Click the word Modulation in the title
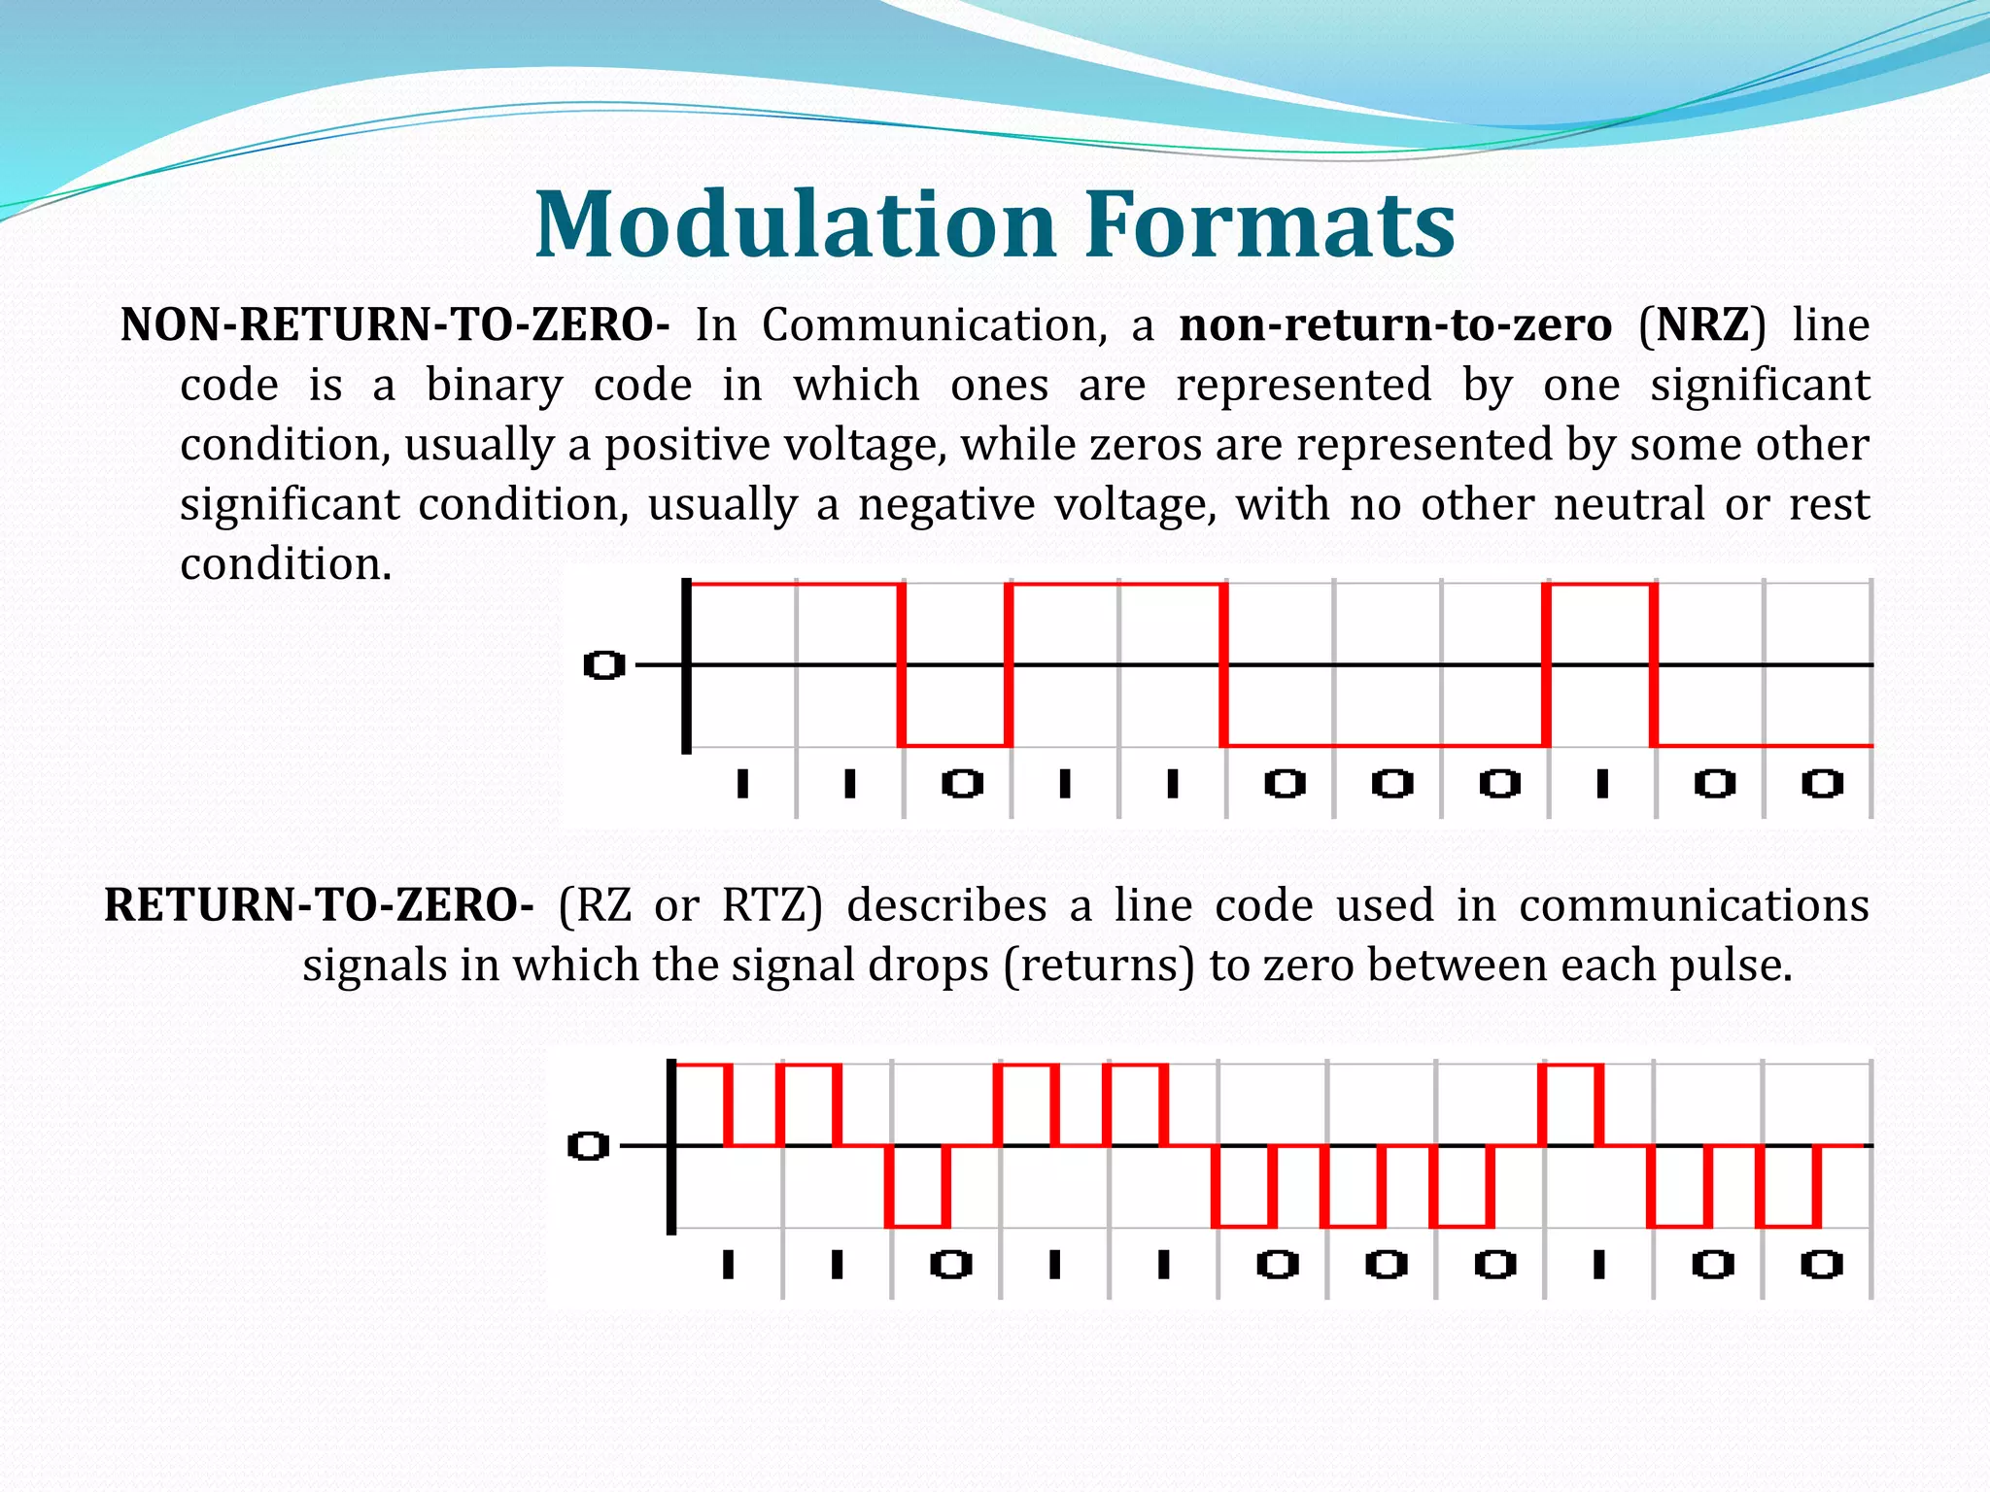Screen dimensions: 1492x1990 [x=795, y=224]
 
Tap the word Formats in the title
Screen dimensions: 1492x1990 [x=1270, y=224]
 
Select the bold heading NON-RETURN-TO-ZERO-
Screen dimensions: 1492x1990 [x=395, y=324]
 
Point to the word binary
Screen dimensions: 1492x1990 [x=495, y=386]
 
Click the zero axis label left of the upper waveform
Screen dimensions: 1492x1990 [x=603, y=666]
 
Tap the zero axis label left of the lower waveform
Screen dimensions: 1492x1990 [x=588, y=1146]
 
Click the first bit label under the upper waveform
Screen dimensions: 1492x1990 [x=743, y=783]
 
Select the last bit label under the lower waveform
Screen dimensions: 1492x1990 [x=1821, y=1265]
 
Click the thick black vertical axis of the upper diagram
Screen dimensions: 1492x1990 [x=686, y=666]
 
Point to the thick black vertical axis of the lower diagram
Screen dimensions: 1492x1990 [x=671, y=1146]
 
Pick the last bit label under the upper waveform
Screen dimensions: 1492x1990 [x=1822, y=783]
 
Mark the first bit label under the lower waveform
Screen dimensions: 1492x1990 [x=729, y=1265]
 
